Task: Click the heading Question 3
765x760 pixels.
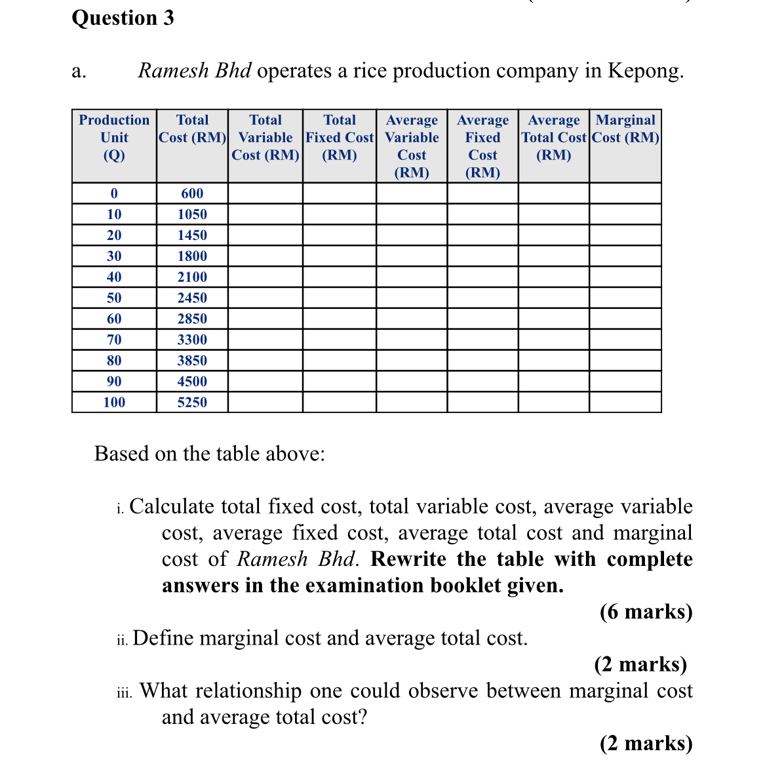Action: tap(123, 18)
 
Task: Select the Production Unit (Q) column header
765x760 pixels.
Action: tap(114, 138)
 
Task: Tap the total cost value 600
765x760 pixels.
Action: tap(192, 193)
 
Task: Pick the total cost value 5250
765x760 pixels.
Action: tap(192, 402)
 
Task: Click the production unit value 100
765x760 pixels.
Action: tap(114, 402)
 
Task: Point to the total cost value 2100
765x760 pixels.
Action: tap(192, 277)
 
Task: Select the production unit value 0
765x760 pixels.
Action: tap(114, 193)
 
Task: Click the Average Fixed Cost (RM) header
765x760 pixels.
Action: tap(482, 146)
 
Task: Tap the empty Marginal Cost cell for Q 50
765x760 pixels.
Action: tap(625, 298)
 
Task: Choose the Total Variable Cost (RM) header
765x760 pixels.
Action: tap(265, 138)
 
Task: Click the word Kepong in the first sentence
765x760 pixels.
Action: tap(645, 70)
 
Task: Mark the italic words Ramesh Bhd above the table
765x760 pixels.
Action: tap(195, 70)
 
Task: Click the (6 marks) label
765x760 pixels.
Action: tap(646, 612)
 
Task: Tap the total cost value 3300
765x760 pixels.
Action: tap(192, 340)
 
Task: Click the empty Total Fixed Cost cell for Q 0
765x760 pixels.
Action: tap(340, 193)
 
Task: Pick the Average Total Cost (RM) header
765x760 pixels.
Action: tap(553, 138)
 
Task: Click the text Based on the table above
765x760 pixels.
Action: tap(210, 454)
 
